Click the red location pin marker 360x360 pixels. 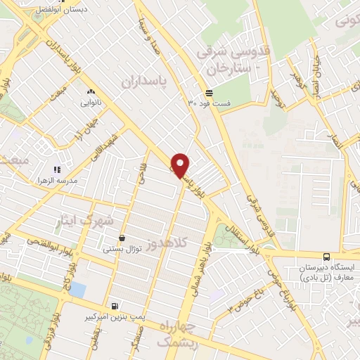tap(181, 166)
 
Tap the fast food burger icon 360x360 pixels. tap(209, 93)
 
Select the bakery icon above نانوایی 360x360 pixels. tap(91, 92)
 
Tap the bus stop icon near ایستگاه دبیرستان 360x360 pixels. tap(326, 257)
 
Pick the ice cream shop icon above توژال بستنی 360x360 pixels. tap(122, 238)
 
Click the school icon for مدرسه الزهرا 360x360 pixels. tap(58, 169)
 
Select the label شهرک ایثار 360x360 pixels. tap(85, 220)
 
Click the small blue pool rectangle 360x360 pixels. tap(77, 290)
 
